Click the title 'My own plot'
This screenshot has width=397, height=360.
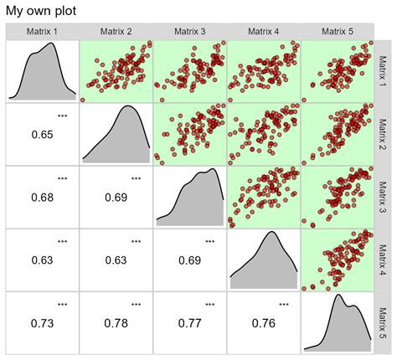(40, 12)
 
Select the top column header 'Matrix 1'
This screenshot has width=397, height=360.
(43, 32)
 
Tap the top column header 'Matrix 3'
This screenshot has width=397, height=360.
(189, 32)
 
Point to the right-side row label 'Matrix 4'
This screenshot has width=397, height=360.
(383, 260)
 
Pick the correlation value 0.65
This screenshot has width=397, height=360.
(43, 135)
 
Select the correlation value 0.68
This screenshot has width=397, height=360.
(43, 198)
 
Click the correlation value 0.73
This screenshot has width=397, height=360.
(43, 323)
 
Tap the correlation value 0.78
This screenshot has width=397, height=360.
(116, 323)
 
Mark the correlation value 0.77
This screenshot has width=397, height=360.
(189, 323)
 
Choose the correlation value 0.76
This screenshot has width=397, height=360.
(262, 323)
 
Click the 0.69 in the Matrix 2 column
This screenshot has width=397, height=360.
(116, 198)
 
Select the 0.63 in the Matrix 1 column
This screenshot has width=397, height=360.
(43, 260)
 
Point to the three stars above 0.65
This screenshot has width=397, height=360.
(63, 116)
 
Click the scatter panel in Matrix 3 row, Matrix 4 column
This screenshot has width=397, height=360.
(262, 196)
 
